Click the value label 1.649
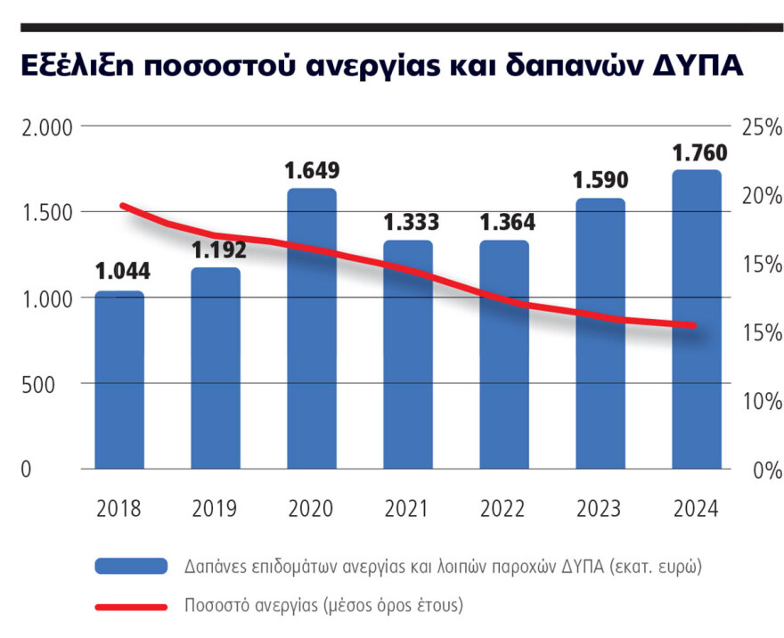312,169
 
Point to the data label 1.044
122,271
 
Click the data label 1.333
410,221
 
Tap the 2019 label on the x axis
215,509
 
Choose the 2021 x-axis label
407,509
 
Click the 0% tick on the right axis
765,470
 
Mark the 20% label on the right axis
761,195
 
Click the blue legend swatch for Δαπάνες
130,566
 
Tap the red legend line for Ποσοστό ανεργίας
130,606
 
